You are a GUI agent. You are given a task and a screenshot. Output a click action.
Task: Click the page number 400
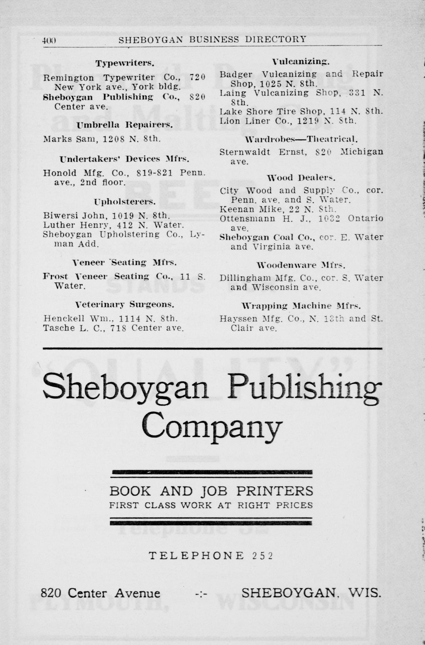click(49, 40)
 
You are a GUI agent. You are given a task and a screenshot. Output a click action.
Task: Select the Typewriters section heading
click(125, 63)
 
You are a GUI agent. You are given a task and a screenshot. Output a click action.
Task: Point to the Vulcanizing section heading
click(301, 62)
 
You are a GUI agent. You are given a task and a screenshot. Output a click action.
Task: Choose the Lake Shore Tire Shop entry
click(301, 111)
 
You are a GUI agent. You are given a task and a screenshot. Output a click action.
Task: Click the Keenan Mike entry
click(278, 209)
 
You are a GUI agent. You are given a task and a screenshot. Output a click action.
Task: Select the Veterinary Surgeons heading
click(125, 305)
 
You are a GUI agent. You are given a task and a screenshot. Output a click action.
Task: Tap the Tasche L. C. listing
click(113, 328)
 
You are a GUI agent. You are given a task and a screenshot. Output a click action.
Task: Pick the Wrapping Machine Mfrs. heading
click(301, 306)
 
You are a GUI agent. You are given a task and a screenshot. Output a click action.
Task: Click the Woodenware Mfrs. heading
click(301, 266)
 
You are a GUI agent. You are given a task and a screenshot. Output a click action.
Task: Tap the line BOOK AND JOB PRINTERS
click(211, 491)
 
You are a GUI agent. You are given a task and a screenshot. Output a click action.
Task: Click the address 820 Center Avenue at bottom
click(100, 593)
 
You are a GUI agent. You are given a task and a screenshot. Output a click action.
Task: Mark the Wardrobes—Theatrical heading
click(301, 140)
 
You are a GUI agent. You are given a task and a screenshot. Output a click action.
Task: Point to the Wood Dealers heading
click(301, 178)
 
